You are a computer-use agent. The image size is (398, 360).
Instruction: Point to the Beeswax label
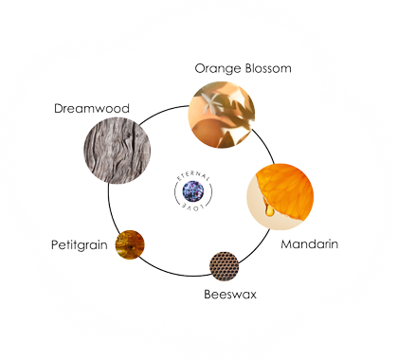230,294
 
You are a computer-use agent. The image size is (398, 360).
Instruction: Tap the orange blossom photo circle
224,114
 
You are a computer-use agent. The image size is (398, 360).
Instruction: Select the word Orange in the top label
217,69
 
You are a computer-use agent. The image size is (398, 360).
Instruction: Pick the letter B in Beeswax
208,294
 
